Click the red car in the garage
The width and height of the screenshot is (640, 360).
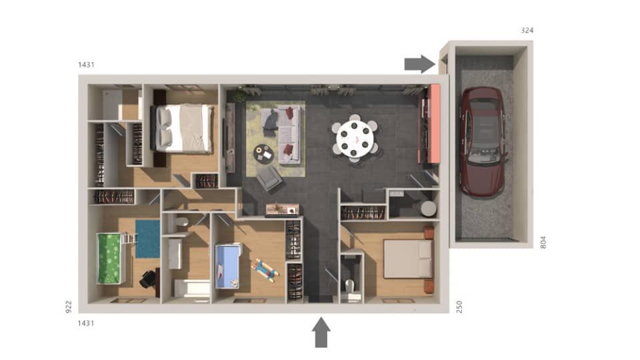tap(483, 141)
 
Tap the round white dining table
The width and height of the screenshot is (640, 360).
tap(355, 137)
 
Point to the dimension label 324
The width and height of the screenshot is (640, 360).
tap(527, 31)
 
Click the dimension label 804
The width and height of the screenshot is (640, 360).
tap(543, 241)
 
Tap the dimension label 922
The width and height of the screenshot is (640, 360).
tap(68, 306)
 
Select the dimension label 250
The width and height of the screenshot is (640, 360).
tap(459, 306)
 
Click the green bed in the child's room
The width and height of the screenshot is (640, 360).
tap(111, 257)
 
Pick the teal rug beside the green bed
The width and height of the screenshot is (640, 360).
tap(147, 239)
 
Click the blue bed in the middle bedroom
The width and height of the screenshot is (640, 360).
tap(227, 266)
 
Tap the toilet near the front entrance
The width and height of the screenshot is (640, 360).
tap(350, 287)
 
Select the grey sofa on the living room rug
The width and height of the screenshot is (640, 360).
tap(289, 133)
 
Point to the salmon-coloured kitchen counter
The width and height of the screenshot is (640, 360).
tap(434, 123)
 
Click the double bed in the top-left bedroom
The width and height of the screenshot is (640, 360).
tap(183, 128)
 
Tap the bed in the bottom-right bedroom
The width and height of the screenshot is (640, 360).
tap(408, 259)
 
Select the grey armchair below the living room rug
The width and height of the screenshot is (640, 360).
tap(269, 178)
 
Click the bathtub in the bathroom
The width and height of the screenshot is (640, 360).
tap(191, 288)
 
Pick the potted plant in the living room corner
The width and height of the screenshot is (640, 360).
tap(239, 97)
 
